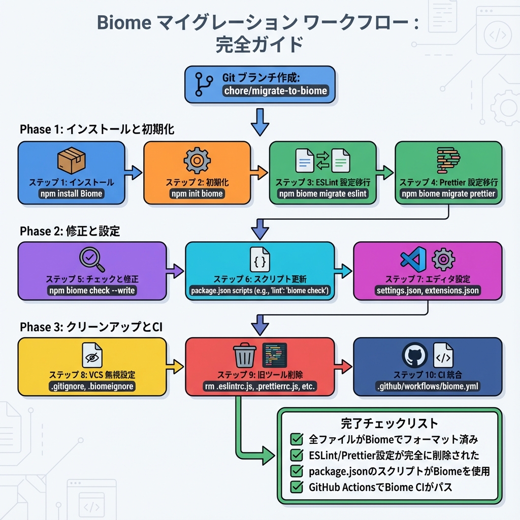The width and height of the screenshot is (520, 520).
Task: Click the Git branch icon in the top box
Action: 204,84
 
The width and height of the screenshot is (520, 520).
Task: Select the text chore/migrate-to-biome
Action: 275,91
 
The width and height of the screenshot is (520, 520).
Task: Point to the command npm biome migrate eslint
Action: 322,193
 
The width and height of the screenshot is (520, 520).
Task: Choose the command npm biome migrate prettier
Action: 448,193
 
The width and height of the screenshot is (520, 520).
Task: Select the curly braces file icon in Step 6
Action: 259,259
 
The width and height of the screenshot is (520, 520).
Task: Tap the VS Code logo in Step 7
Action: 413,259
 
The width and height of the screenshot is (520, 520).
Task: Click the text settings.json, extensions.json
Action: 427,291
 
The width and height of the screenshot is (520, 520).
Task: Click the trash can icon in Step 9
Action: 244,355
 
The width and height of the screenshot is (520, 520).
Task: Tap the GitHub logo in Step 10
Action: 414,355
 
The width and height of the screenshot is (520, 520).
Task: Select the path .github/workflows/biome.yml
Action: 427,386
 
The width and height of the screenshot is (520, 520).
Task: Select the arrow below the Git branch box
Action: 259,122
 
